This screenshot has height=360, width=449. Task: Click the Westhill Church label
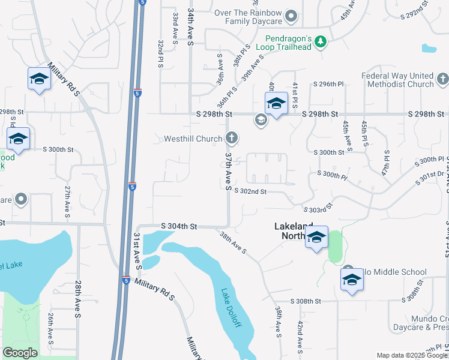pyautogui.click(x=193, y=139)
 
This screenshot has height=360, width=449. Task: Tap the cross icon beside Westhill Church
pyautogui.click(x=231, y=139)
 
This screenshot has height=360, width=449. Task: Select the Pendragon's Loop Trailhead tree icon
pyautogui.click(x=322, y=41)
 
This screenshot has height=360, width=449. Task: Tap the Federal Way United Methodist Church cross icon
pyautogui.click(x=442, y=79)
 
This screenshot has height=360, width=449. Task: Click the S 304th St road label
pyautogui.click(x=179, y=226)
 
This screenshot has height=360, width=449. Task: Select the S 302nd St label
pyautogui.click(x=249, y=191)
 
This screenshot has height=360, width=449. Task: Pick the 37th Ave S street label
pyautogui.click(x=228, y=171)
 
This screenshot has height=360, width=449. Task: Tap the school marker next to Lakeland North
pyautogui.click(x=316, y=238)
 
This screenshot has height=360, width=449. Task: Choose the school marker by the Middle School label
pyautogui.click(x=352, y=280)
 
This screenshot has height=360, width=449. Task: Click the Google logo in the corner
pyautogui.click(x=20, y=353)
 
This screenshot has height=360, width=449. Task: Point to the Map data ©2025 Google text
pyautogui.click(x=412, y=355)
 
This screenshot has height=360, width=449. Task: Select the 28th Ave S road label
pyautogui.click(x=77, y=298)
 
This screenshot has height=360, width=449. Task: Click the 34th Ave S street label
pyautogui.click(x=190, y=27)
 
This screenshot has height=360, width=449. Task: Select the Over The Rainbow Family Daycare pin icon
pyautogui.click(x=291, y=16)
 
